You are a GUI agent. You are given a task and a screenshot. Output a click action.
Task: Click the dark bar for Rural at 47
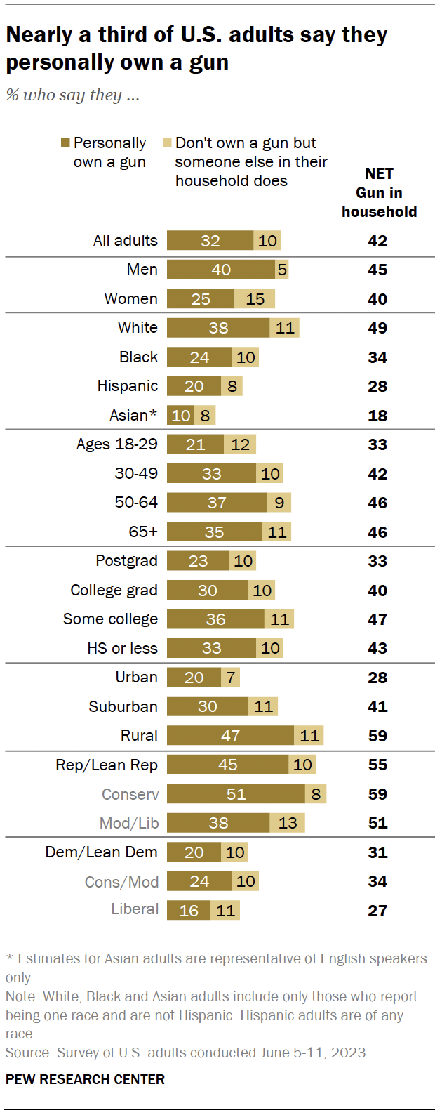(230, 736)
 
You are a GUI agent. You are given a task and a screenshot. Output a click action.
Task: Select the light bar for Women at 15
(255, 299)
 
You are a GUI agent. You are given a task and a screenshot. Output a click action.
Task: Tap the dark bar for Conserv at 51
(236, 794)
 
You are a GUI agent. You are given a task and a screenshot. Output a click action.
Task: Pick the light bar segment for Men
(282, 270)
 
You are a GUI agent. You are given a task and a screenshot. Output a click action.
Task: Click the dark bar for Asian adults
(180, 416)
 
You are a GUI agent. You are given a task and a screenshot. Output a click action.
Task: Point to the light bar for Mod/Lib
(288, 823)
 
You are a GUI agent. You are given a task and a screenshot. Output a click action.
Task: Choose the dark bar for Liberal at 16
(188, 911)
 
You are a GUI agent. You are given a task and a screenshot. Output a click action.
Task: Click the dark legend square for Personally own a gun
(65, 143)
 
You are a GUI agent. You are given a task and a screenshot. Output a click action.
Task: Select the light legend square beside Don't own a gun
(167, 143)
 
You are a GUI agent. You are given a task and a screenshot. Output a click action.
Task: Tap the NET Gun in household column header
(379, 192)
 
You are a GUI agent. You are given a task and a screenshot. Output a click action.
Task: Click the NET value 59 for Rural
(377, 736)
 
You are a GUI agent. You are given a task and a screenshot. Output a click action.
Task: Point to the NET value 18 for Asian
(377, 416)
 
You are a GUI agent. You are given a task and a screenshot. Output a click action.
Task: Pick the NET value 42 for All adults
(377, 241)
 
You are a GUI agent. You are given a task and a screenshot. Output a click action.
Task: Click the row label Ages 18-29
(116, 444)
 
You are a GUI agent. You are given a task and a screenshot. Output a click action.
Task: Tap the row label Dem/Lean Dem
(101, 852)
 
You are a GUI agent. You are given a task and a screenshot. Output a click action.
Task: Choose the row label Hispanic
(127, 386)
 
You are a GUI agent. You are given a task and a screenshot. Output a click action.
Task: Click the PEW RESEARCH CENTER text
(85, 1079)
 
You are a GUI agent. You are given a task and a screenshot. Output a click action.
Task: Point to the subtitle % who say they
(73, 95)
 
